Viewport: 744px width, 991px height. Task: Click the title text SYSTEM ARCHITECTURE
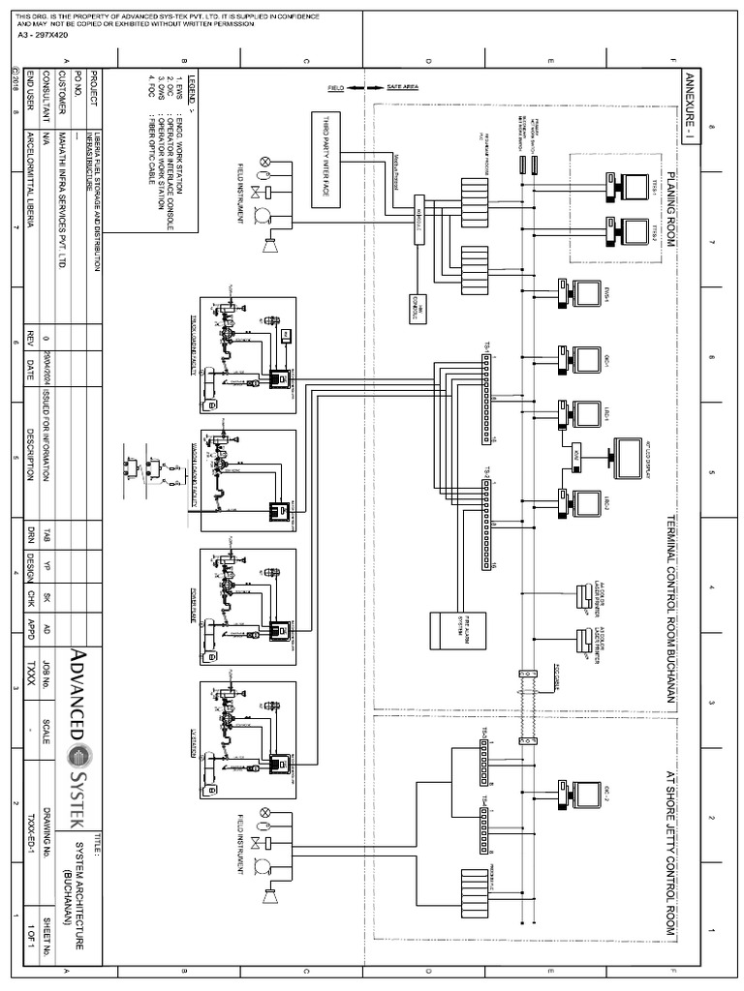click(x=78, y=886)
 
